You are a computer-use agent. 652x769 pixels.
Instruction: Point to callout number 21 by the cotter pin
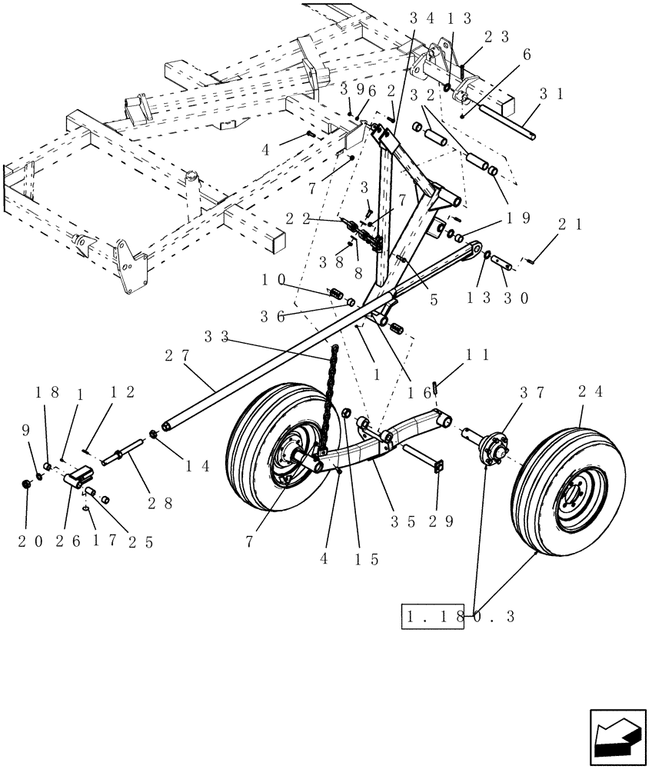pyautogui.click(x=569, y=224)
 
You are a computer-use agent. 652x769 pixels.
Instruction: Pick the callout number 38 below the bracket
pyautogui.click(x=331, y=262)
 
